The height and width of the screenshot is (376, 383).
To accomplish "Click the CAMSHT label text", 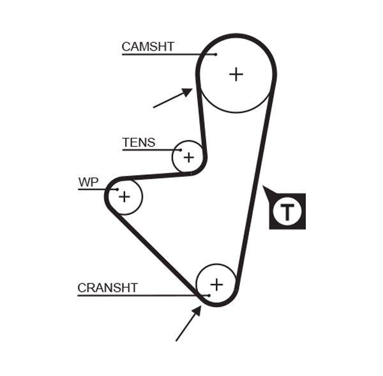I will pyautogui.click(x=147, y=47).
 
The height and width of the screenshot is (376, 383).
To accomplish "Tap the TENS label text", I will pyautogui.click(x=139, y=143).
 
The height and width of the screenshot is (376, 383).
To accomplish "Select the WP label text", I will pyautogui.click(x=89, y=183).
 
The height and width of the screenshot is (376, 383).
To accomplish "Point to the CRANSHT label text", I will pyautogui.click(x=107, y=288).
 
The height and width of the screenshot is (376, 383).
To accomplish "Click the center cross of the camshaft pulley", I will pyautogui.click(x=236, y=74).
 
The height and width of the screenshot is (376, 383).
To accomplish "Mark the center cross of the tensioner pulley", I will pyautogui.click(x=188, y=156).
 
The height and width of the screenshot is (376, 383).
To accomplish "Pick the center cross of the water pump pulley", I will pyautogui.click(x=124, y=197).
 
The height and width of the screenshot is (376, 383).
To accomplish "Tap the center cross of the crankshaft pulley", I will pyautogui.click(x=216, y=284).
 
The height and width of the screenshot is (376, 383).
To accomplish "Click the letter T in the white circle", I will pyautogui.click(x=288, y=211).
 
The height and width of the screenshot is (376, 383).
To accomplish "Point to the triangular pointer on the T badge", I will pyautogui.click(x=267, y=190).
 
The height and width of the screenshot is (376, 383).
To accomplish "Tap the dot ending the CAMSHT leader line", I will pyautogui.click(x=216, y=54).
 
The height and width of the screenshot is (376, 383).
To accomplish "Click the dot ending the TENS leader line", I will pyautogui.click(x=181, y=150).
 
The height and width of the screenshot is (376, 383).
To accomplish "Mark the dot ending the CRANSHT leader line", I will pyautogui.click(x=209, y=295).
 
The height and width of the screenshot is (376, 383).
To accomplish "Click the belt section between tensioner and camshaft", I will pyautogui.click(x=202, y=121).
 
